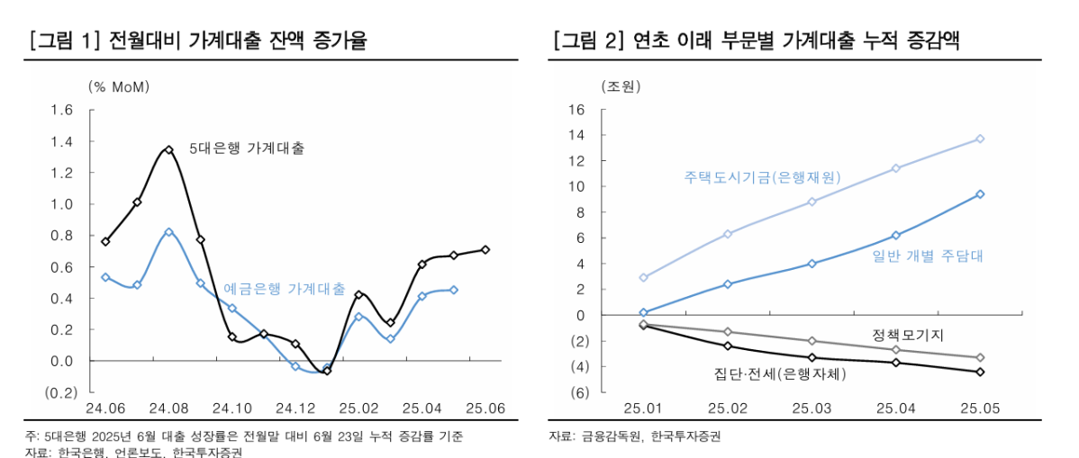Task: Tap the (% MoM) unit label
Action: (x=119, y=87)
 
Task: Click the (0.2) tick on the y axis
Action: (x=59, y=392)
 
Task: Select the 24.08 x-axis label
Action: (x=168, y=408)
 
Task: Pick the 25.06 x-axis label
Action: (x=485, y=408)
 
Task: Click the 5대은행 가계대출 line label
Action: (x=247, y=148)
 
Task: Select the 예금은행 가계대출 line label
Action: (x=284, y=290)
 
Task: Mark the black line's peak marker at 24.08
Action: (x=168, y=149)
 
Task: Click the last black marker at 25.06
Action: (x=485, y=249)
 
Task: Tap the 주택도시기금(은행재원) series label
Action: (x=762, y=177)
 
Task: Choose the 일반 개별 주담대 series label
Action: (x=928, y=256)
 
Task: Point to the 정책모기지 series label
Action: (x=908, y=335)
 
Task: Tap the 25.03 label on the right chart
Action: (x=812, y=408)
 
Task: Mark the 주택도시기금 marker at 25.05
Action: (x=979, y=139)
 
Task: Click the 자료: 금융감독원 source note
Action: (x=635, y=436)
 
